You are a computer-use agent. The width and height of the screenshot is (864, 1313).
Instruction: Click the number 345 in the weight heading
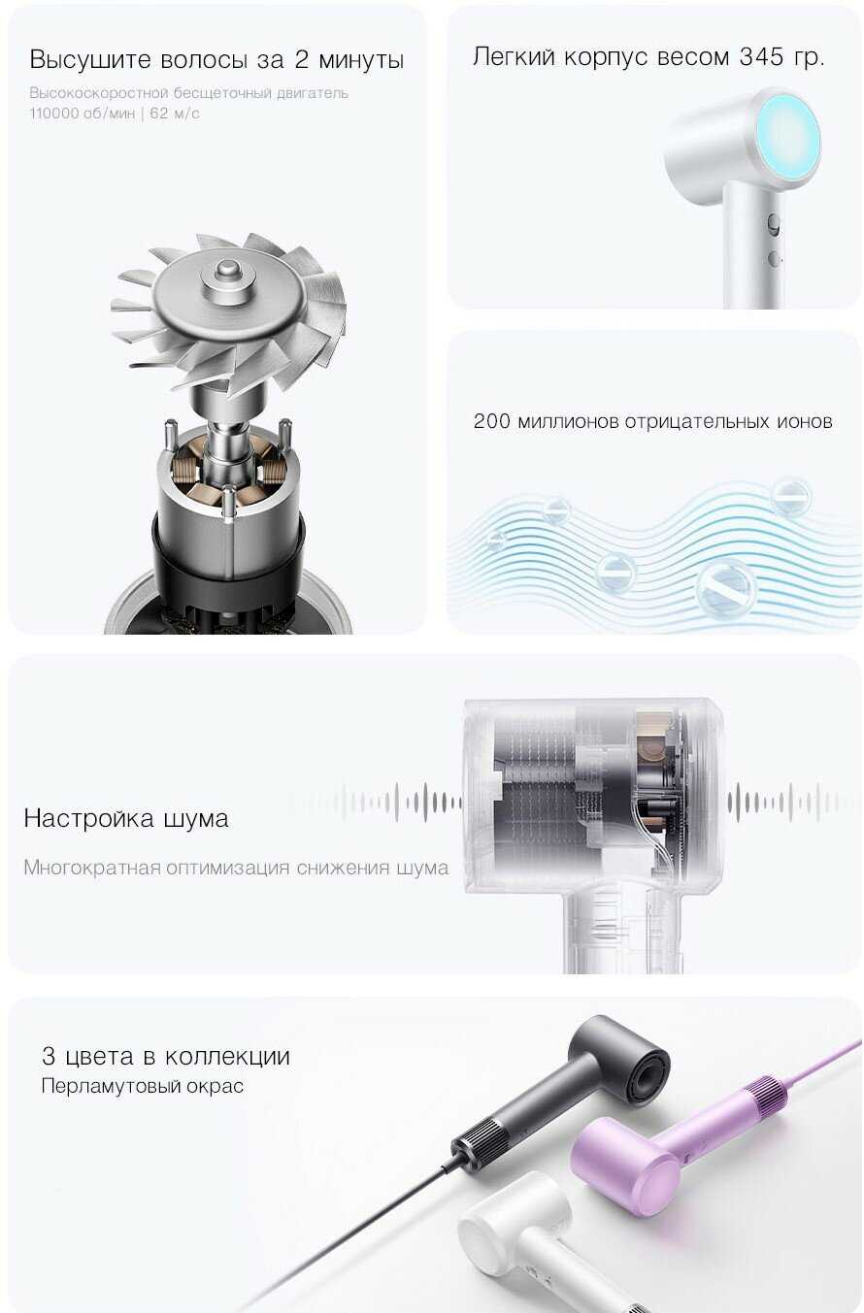click(x=761, y=57)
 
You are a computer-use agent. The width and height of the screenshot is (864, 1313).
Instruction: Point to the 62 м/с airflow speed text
click(x=175, y=114)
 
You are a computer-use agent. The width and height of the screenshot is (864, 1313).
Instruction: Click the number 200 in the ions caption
click(x=491, y=421)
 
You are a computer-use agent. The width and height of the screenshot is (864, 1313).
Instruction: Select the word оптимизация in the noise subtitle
click(x=227, y=867)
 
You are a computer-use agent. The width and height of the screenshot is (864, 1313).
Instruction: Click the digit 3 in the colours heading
click(x=49, y=1056)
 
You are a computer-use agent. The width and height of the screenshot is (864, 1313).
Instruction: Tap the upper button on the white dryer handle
click(x=774, y=224)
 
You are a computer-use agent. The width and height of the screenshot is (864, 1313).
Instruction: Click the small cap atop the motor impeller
click(x=225, y=271)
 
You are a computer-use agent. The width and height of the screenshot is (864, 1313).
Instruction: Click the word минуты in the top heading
click(x=361, y=60)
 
